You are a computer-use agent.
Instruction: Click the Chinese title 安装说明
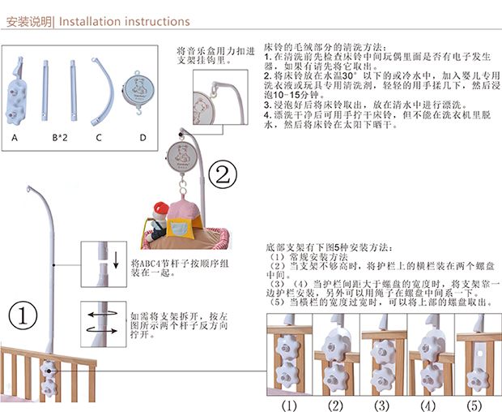coord(28,21)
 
